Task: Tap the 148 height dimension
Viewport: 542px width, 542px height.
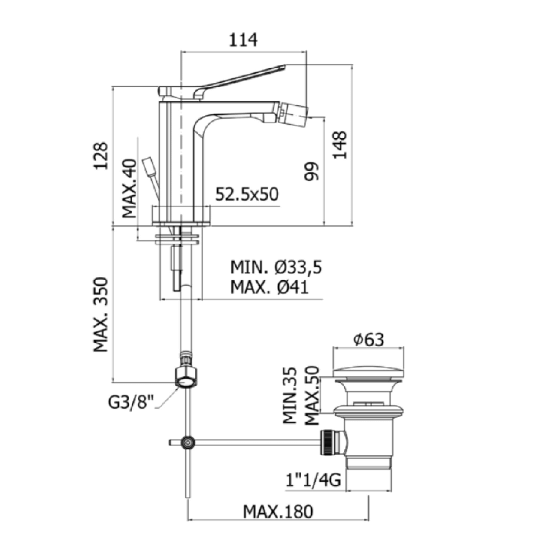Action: click(x=340, y=145)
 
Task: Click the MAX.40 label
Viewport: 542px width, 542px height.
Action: click(x=130, y=189)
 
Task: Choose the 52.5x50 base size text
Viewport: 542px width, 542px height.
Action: click(x=247, y=194)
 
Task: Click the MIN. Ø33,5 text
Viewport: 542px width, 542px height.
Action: click(x=276, y=268)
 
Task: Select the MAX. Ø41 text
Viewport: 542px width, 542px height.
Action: click(x=269, y=288)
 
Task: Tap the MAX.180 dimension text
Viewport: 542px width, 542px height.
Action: click(x=278, y=512)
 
